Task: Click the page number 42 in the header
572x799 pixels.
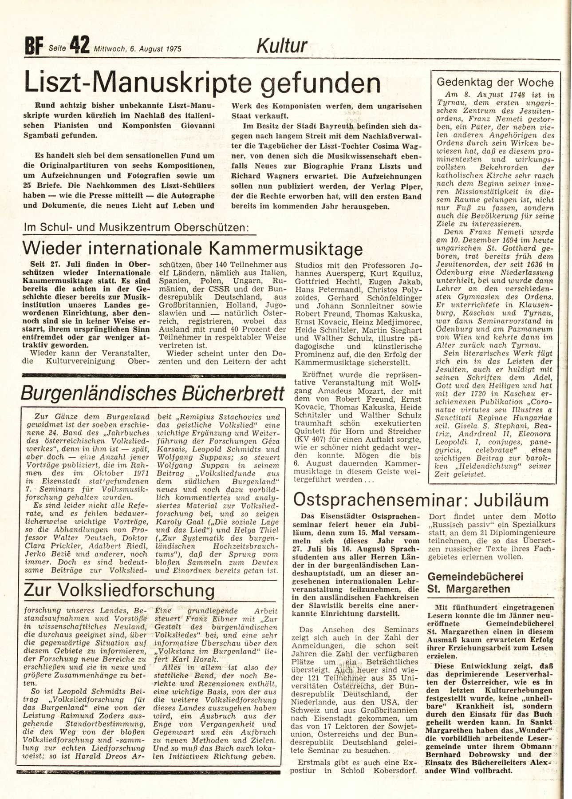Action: [x=79, y=46]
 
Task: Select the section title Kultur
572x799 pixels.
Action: [x=282, y=46]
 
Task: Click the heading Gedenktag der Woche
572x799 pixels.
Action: [x=495, y=83]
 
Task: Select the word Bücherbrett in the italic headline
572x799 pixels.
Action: [x=230, y=392]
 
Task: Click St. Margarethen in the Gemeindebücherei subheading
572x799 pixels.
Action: [x=468, y=589]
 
